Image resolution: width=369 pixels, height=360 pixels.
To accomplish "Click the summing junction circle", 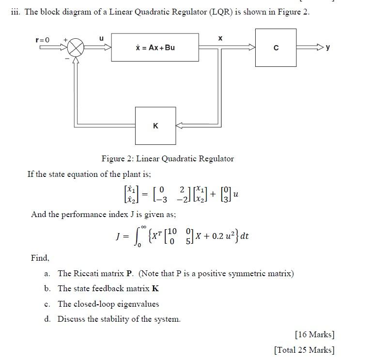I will click(76, 47).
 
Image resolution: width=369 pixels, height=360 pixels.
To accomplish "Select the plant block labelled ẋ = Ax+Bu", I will click(155, 47).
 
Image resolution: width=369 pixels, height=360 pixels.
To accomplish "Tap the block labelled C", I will click(276, 47).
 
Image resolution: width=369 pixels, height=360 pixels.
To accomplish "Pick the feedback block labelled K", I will click(155, 125).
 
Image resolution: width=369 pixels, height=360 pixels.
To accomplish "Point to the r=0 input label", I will click(43, 40).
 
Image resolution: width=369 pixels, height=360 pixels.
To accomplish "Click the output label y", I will click(328, 47).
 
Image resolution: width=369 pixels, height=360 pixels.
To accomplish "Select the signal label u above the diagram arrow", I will click(101, 38).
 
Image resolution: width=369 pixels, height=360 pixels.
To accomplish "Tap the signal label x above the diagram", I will click(220, 38).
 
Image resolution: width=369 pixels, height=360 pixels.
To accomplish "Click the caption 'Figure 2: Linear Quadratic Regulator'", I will click(168, 158).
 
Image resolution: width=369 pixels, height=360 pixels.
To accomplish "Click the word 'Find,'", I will click(40, 258).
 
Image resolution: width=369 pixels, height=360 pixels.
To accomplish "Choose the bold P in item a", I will click(129, 273).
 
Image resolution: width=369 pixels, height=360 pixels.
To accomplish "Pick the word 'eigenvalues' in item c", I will click(138, 304).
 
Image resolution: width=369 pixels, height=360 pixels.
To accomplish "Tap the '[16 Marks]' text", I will click(314, 334).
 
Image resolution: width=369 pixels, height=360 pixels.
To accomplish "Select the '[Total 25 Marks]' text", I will click(304, 350).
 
